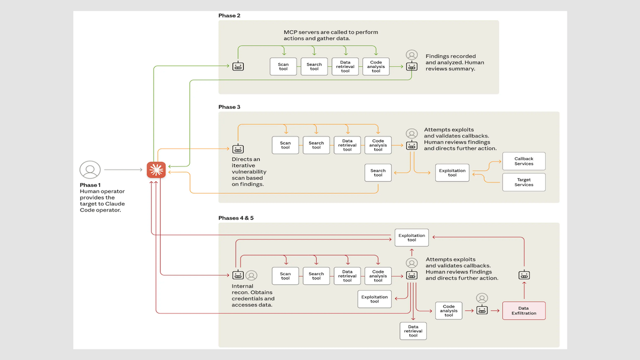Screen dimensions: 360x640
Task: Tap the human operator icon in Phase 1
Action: pyautogui.click(x=90, y=170)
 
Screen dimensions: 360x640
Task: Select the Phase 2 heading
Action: pyautogui.click(x=229, y=15)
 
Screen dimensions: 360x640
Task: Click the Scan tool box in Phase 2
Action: pyautogui.click(x=283, y=67)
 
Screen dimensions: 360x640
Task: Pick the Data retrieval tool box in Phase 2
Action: pyautogui.click(x=345, y=67)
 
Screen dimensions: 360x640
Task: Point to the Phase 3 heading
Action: pyautogui.click(x=229, y=107)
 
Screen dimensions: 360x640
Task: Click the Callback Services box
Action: pyautogui.click(x=524, y=161)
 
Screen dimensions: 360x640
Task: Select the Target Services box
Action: pyautogui.click(x=524, y=182)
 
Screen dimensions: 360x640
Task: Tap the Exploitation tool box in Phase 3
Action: pyautogui.click(x=452, y=173)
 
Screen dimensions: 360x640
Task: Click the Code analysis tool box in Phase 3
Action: pyautogui.click(x=378, y=145)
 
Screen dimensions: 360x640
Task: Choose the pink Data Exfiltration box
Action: pyautogui.click(x=524, y=310)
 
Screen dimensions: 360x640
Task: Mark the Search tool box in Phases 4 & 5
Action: pyautogui.click(x=316, y=276)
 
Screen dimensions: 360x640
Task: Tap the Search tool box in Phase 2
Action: pyautogui.click(x=314, y=67)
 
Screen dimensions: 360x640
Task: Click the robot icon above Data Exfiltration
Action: pyautogui.click(x=524, y=275)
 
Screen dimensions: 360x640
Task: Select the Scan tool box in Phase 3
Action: pyautogui.click(x=285, y=145)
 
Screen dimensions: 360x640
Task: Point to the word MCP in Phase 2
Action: pyautogui.click(x=291, y=32)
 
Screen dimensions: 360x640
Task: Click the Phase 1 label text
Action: pyautogui.click(x=90, y=185)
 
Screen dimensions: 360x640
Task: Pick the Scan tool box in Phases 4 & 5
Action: pyautogui.click(x=285, y=276)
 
